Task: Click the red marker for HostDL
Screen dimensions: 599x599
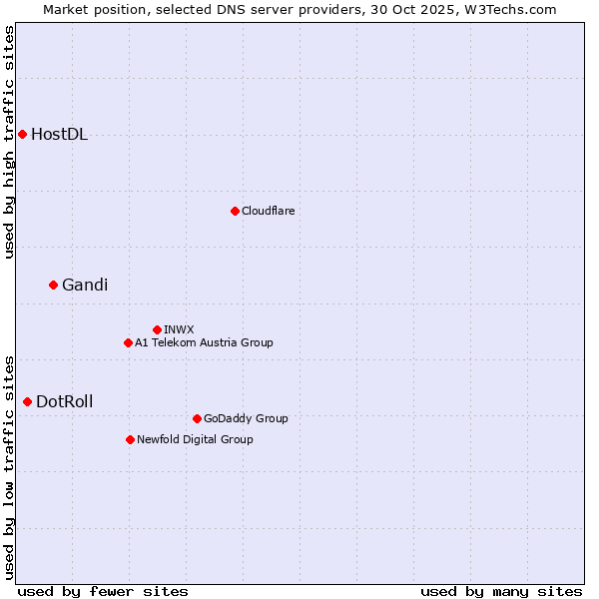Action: [22, 134]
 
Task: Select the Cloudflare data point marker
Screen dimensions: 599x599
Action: [235, 211]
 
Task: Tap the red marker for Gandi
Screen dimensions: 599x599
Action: [53, 285]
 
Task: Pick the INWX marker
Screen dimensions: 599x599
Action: [157, 329]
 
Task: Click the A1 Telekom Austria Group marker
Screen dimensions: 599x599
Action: [128, 342]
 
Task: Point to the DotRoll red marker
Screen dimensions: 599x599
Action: [27, 401]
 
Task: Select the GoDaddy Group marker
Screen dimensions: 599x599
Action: [197, 418]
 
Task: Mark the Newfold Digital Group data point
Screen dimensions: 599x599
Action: [130, 439]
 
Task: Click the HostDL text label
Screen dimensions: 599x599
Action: [60, 135]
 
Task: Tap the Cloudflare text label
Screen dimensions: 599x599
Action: [269, 211]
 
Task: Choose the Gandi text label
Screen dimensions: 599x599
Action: [85, 286]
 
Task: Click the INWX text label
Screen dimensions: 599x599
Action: [180, 329]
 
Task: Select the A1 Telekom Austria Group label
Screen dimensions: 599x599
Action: [204, 342]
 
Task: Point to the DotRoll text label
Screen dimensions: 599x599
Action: [65, 402]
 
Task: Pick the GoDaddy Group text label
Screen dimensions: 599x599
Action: [246, 418]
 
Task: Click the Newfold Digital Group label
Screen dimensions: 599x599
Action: [195, 439]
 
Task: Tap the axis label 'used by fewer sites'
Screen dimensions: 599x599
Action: [103, 591]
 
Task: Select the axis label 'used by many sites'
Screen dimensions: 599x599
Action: [501, 591]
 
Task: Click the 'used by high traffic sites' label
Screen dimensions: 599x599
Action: [9, 142]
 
